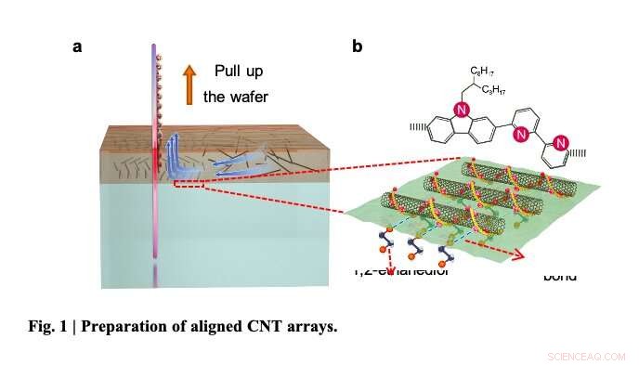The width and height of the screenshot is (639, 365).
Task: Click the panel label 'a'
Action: click(x=78, y=47)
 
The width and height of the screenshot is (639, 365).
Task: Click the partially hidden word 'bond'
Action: click(x=559, y=276)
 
